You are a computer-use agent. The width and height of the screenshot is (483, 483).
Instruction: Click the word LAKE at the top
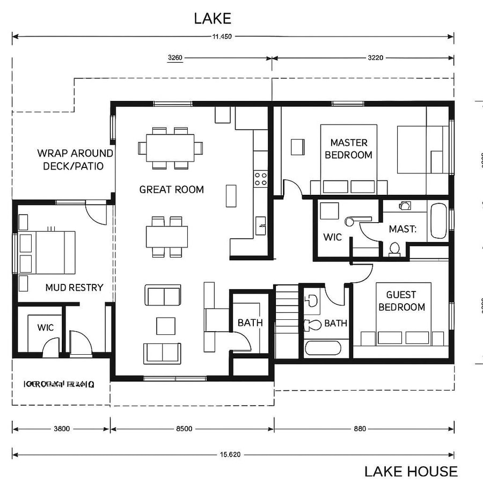pos(213,18)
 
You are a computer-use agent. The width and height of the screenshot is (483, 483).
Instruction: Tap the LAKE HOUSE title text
pos(411,471)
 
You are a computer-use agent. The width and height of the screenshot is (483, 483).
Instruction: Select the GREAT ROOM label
pos(171,189)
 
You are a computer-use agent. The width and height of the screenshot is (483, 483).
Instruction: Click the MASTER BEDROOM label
pos(348,149)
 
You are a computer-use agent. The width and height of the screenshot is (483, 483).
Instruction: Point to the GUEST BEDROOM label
pos(401,301)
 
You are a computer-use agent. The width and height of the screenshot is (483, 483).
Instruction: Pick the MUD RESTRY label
pos(74,288)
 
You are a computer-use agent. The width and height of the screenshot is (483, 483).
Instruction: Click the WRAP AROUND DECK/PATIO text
pos(75,159)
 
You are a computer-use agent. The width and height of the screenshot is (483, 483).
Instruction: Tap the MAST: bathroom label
pos(402,229)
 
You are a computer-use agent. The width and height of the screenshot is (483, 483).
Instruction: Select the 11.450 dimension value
pos(222,37)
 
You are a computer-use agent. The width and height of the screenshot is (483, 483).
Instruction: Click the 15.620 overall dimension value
pos(230,455)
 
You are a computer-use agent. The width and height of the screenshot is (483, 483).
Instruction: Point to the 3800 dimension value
pos(61,429)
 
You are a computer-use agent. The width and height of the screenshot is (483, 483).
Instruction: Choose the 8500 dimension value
pos(184,429)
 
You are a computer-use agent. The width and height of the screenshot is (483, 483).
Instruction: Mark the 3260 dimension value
pos(175,58)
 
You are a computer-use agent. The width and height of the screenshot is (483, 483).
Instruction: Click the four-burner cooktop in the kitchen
pos(261,179)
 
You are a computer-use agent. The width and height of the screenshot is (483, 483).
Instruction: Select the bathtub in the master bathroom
pos(438,221)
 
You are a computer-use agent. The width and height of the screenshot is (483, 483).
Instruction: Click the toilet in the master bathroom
pos(395,248)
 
